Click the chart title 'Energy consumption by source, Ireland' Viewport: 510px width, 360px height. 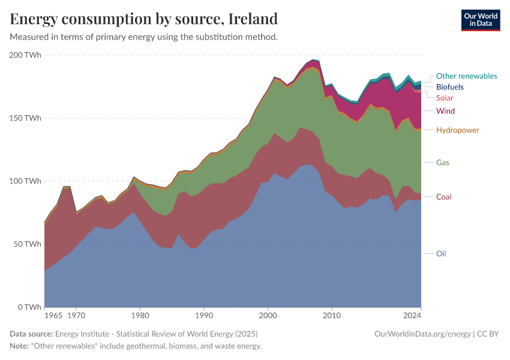click(x=144, y=19)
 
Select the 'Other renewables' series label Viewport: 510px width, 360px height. click(x=466, y=76)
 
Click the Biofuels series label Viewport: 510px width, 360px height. click(x=449, y=87)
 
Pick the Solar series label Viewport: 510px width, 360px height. click(x=445, y=98)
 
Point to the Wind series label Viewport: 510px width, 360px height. click(x=445, y=111)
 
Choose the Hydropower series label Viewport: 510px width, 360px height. click(x=457, y=130)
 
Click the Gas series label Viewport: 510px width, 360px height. click(x=442, y=163)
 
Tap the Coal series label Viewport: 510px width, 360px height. click(x=443, y=197)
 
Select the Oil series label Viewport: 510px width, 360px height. click(x=441, y=254)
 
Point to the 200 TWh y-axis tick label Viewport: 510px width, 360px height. click(x=25, y=55)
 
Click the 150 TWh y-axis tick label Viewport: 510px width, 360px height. click(x=25, y=118)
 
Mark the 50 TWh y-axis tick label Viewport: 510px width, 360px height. click(x=26, y=244)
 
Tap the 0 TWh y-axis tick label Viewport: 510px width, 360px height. click(x=29, y=307)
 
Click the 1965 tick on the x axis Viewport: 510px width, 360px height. click(x=53, y=315)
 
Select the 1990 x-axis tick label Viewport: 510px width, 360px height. click(x=204, y=315)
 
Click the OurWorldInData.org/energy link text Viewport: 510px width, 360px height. click(x=422, y=334)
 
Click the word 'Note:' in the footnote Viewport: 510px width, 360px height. click(x=21, y=346)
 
